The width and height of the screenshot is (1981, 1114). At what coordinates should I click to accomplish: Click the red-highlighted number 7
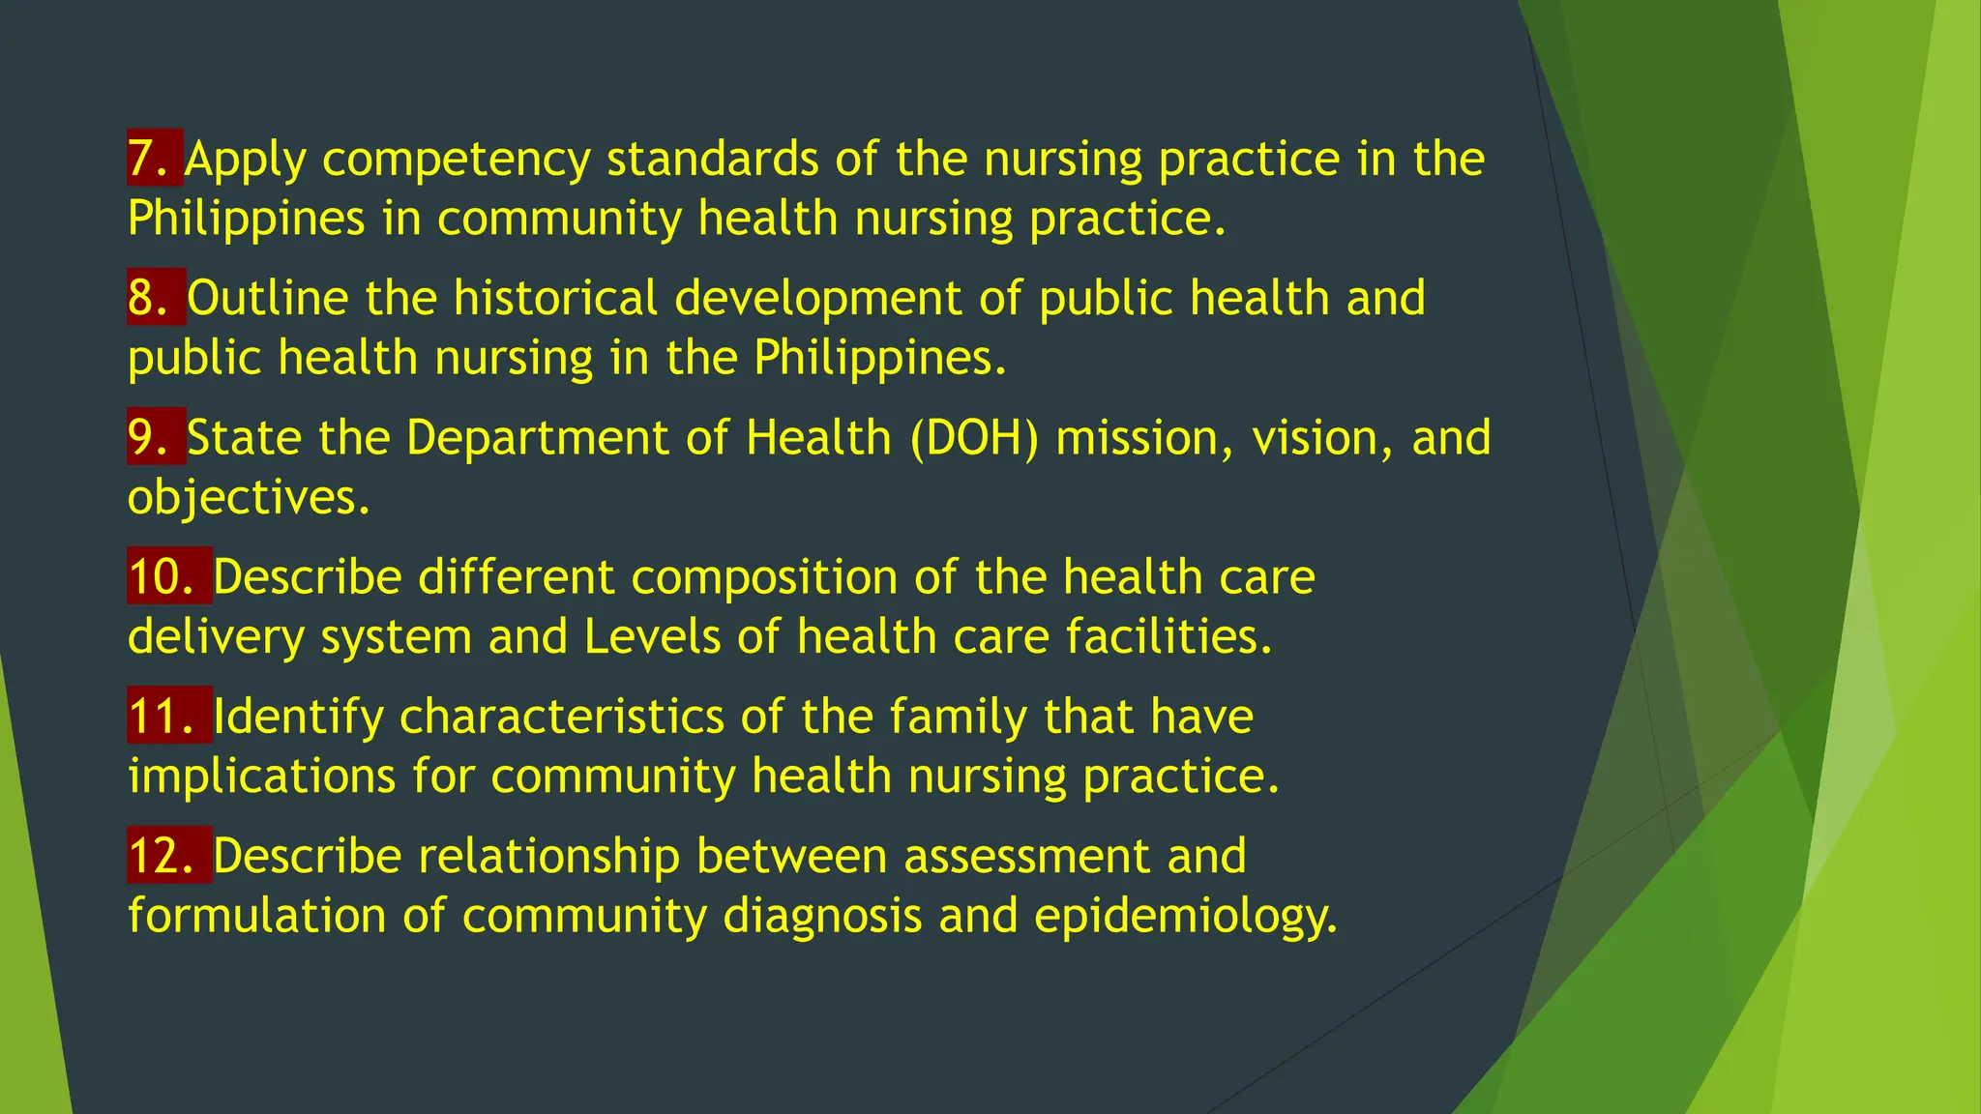pos(153,158)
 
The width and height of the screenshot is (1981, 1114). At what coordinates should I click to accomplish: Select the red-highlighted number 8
pos(154,297)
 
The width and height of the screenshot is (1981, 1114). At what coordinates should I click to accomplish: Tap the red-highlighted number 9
pos(154,437)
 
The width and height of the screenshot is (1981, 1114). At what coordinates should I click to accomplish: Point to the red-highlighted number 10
pos(167,576)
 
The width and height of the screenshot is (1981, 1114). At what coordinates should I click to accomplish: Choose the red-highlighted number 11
pos(167,716)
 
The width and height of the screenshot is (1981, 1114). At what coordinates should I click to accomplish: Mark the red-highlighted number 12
pos(167,856)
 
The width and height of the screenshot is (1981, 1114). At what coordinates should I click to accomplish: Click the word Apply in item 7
pos(246,160)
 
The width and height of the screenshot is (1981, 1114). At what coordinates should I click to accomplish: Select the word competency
pos(456,160)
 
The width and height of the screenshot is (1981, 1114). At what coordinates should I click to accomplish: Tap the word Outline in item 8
pos(268,298)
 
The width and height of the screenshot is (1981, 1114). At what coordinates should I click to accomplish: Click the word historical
pos(556,298)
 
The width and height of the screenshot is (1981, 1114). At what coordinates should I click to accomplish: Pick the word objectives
pos(249,498)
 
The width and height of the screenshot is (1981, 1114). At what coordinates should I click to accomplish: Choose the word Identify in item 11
pos(298,718)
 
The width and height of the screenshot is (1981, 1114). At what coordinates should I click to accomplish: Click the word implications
pos(262,777)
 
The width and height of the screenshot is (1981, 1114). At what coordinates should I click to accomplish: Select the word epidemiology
pos(1185,917)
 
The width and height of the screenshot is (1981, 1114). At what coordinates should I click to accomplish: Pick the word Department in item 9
pos(538,439)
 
